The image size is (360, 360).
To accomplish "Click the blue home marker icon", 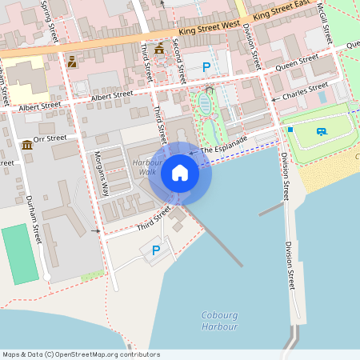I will (180, 173).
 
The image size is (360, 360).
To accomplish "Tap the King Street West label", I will (210, 27).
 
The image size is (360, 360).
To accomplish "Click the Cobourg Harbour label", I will (219, 321).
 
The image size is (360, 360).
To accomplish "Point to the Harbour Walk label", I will (147, 166).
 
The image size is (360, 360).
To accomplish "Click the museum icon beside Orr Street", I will (28, 145).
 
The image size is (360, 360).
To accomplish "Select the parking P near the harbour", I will (156, 250).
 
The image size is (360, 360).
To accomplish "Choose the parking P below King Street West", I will (207, 67).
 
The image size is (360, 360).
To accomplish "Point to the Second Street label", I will (178, 63).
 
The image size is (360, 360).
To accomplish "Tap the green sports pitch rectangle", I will (19, 254).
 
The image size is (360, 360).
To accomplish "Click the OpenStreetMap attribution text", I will (81, 354).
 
